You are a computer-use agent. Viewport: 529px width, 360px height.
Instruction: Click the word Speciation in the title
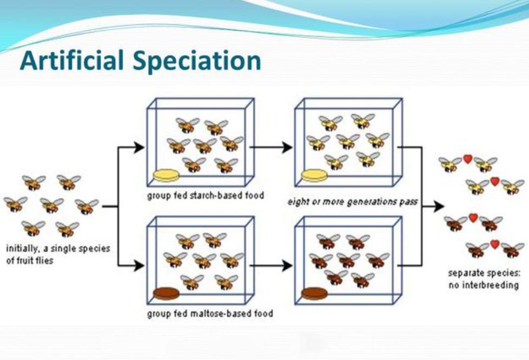pos(197,61)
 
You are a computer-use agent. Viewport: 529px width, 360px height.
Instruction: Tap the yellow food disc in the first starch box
pos(166,175)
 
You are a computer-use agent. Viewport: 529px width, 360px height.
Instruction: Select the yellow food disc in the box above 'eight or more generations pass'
pos(314,175)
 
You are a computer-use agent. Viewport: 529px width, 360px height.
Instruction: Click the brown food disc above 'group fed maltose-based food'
pos(166,294)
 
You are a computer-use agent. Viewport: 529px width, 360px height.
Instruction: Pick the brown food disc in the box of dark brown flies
pos(314,294)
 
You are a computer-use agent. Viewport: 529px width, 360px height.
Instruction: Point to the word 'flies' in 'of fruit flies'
pos(45,261)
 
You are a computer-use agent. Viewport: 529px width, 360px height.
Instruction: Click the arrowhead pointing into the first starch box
pos(139,148)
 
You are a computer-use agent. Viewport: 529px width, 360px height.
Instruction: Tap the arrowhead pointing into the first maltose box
pos(139,265)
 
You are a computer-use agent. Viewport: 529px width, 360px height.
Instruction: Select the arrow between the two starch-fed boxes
pos(271,148)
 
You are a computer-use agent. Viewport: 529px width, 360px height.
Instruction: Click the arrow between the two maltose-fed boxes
pos(271,265)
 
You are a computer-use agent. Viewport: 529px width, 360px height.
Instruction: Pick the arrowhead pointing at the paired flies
pos(439,206)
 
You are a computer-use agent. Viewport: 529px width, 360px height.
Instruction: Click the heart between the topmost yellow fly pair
pos(467,159)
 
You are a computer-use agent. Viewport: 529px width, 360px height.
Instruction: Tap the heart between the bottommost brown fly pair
pos(494,244)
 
